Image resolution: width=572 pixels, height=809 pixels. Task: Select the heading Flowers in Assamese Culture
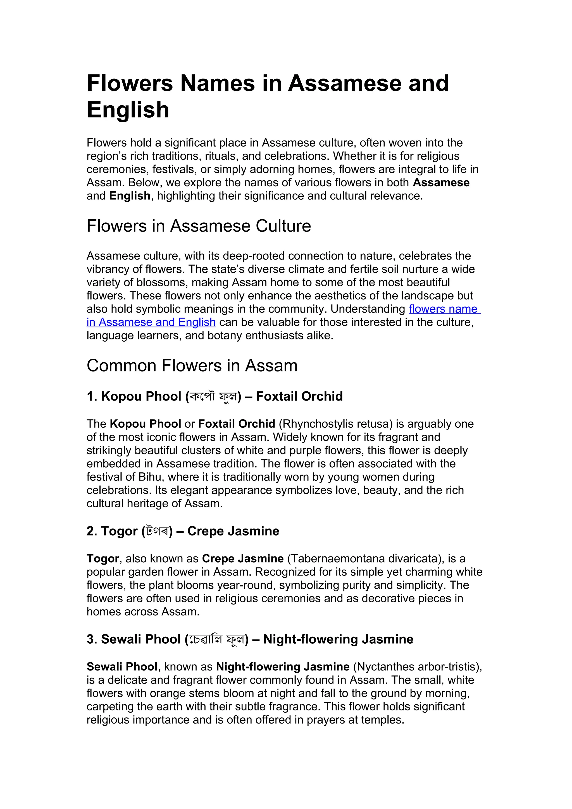click(199, 226)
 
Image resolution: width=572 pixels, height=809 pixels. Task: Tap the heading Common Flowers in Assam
click(192, 365)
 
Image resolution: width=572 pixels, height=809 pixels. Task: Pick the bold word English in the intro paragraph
click(130, 196)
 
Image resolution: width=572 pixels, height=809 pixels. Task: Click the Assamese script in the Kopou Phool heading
click(213, 397)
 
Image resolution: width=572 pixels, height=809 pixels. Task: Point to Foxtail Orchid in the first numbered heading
click(299, 396)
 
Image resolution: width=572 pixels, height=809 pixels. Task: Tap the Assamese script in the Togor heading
click(157, 531)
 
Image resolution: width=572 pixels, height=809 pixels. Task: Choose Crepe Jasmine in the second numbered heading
click(233, 531)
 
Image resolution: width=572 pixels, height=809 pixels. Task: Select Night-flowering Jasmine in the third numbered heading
click(338, 639)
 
